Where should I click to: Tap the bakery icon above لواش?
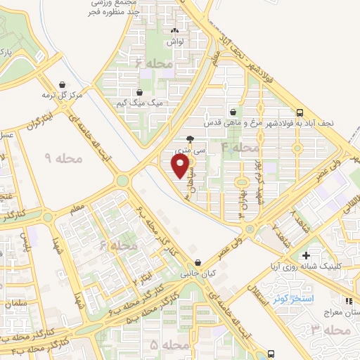tap(176, 31)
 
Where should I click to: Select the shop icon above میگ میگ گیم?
tap(139, 92)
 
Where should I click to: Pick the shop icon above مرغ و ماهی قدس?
tap(233, 112)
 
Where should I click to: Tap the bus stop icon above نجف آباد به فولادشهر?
tap(300, 112)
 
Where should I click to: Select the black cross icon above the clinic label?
tap(305, 256)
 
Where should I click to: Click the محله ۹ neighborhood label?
tap(63, 160)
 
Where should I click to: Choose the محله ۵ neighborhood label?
tap(169, 345)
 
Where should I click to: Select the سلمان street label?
tap(17, 303)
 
